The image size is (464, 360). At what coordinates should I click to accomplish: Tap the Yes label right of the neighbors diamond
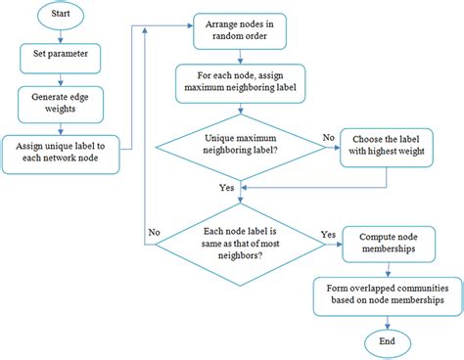[x=330, y=235]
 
